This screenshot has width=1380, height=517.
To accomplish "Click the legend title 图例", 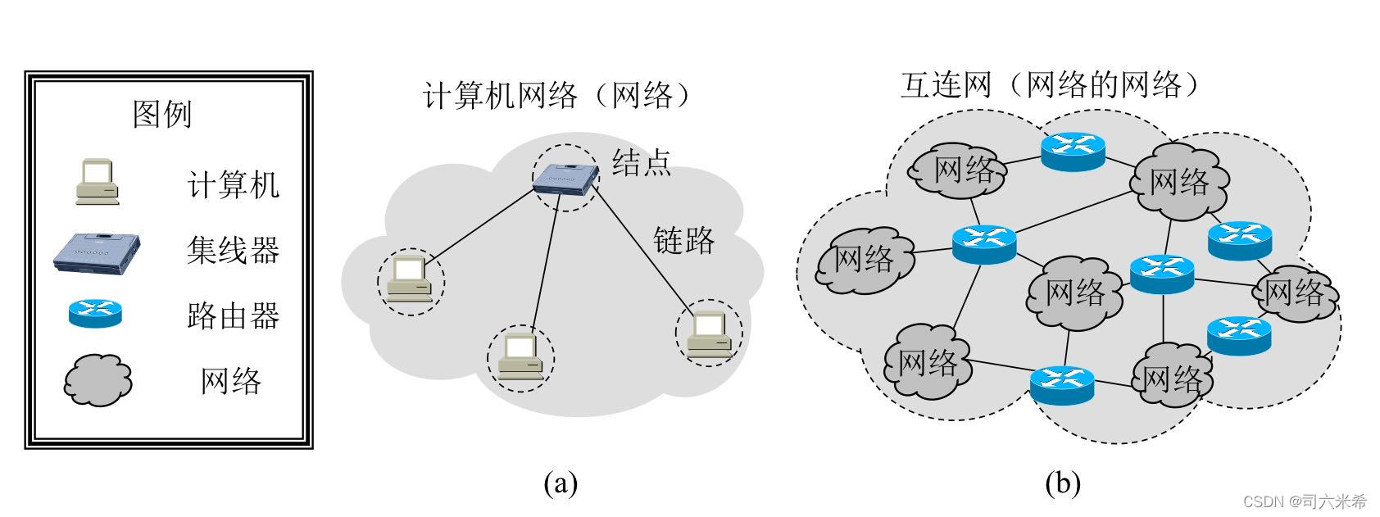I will coord(162,114).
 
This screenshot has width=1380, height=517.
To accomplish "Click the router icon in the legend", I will coord(95,314).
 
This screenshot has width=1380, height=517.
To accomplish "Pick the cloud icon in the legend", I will coord(98,381).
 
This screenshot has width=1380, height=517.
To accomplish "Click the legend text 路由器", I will coord(233,315).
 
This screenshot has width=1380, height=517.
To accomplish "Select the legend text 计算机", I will coord(233,184).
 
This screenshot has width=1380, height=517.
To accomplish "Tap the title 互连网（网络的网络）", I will coord(1054,85).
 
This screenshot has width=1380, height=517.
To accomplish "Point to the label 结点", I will coord(642,161).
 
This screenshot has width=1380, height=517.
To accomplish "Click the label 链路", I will coord(683,240).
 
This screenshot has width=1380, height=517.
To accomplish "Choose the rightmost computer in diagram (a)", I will coord(708,334).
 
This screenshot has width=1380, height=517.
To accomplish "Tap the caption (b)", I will coord(1063,483).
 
